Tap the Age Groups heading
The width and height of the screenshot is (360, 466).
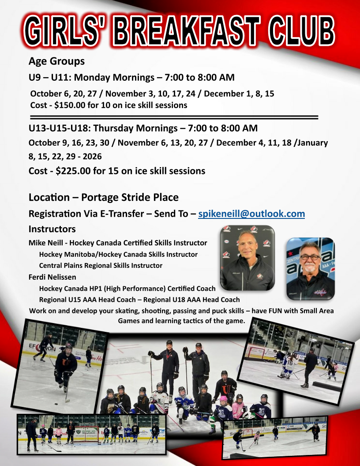tap(56, 61)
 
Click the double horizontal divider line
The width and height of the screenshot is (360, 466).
tap(174, 117)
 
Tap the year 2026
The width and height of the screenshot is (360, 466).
tap(92, 156)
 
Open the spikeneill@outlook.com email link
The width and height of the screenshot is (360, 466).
tap(251, 214)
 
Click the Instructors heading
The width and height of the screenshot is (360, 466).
tap(52, 229)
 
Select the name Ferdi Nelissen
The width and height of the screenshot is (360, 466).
tap(52, 277)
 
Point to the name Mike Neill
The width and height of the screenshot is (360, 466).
tap(46, 243)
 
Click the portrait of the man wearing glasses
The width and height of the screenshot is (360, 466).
tap(311, 269)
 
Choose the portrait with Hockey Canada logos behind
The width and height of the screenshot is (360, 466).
tap(247, 258)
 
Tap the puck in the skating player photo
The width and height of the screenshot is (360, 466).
tap(56, 404)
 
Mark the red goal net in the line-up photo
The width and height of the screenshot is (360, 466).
tap(86, 434)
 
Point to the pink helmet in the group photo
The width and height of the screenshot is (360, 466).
tap(223, 399)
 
